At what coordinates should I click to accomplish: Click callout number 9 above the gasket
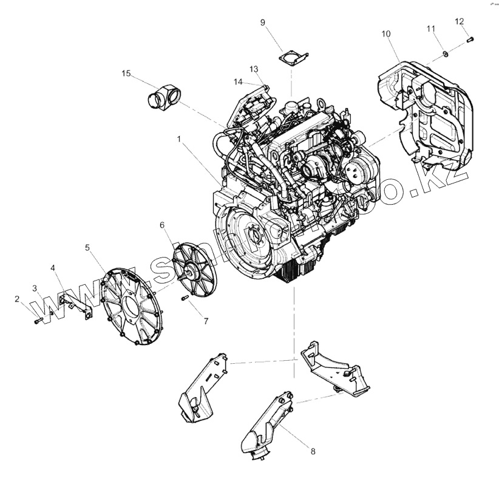point(263,22)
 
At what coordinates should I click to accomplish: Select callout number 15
point(126,73)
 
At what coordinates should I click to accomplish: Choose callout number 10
point(386,34)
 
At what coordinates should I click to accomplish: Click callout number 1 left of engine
point(179,139)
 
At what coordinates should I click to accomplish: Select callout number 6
point(162,225)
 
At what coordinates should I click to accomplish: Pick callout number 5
point(88,247)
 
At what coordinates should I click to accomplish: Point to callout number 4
point(53,267)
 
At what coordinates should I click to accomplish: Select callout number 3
point(35,287)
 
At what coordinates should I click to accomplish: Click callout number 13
point(254,68)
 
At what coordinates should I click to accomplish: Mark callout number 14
point(239,81)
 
